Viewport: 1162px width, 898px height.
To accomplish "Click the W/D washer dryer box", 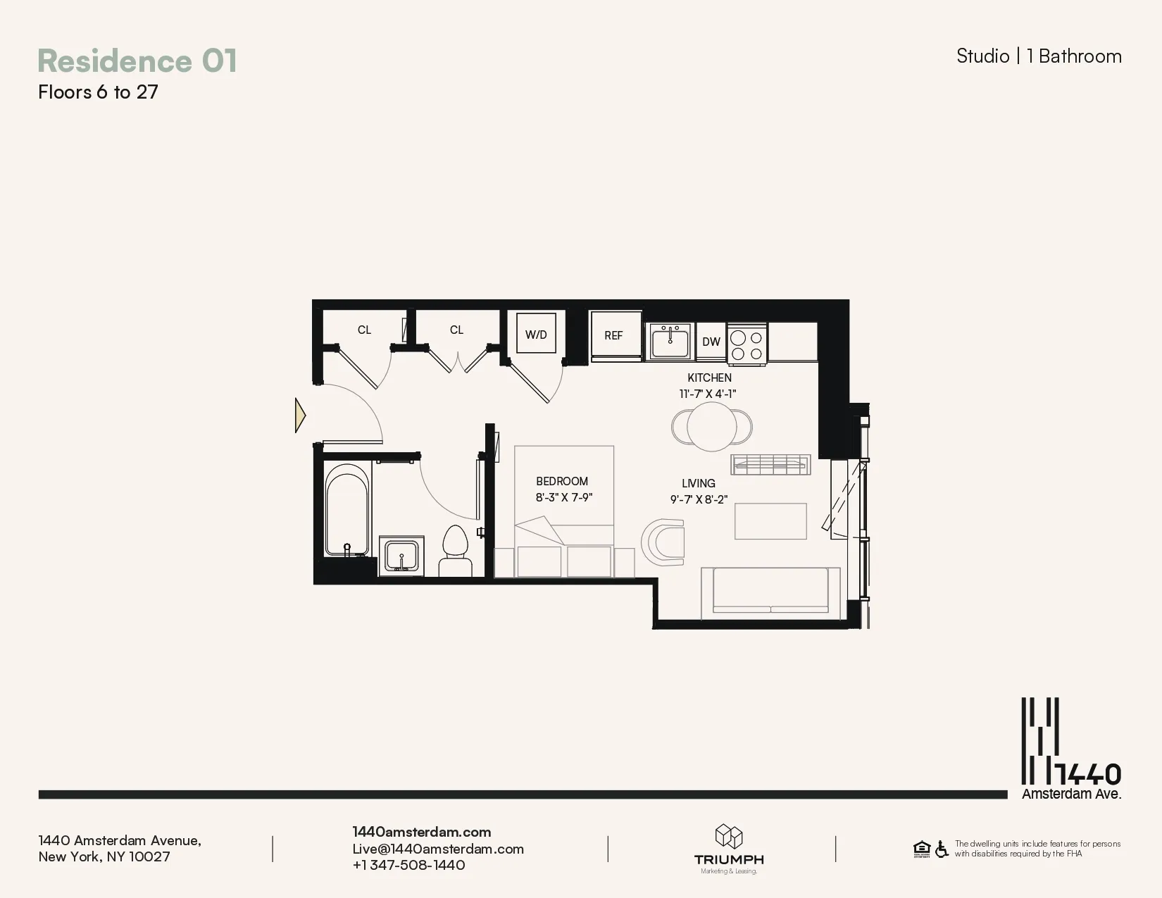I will (x=536, y=334).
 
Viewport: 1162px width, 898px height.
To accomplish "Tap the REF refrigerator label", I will (x=613, y=336).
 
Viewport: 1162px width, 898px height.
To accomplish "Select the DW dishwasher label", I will (x=711, y=342).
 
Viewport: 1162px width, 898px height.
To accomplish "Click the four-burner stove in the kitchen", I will (x=746, y=344).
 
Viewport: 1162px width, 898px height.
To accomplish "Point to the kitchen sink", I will (x=670, y=342).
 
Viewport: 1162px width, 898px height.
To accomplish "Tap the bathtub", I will (x=347, y=509).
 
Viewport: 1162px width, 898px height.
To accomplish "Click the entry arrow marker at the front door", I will (x=300, y=416).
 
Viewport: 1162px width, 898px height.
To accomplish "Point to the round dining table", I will (x=712, y=426).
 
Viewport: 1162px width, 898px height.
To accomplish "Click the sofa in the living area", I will (x=770, y=592).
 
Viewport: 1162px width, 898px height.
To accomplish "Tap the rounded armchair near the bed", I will (x=664, y=542).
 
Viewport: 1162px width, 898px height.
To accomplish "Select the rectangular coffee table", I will (x=770, y=521).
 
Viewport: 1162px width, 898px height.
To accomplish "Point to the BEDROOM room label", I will (x=562, y=482).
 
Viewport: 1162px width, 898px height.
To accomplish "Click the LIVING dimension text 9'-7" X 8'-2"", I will (x=699, y=499).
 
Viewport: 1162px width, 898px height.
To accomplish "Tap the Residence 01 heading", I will (x=137, y=61).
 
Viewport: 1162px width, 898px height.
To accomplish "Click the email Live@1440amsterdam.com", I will (x=438, y=849).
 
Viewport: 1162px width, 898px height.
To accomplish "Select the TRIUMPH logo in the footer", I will (x=729, y=849).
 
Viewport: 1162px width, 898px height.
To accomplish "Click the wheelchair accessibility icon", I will (x=942, y=849).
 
